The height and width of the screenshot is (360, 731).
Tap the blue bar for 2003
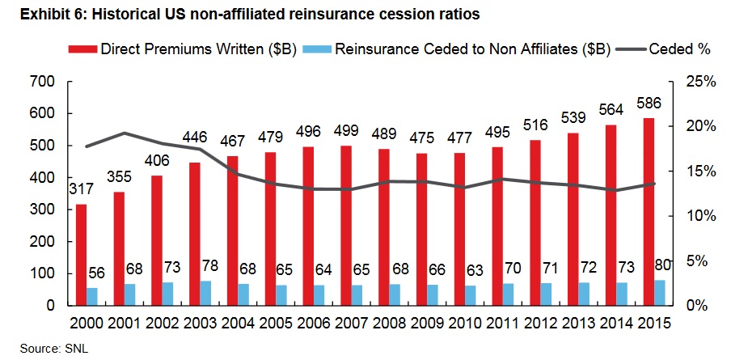click(206, 293)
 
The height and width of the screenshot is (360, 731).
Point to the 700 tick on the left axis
click(42, 82)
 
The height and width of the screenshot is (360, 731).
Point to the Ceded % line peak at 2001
click(124, 133)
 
